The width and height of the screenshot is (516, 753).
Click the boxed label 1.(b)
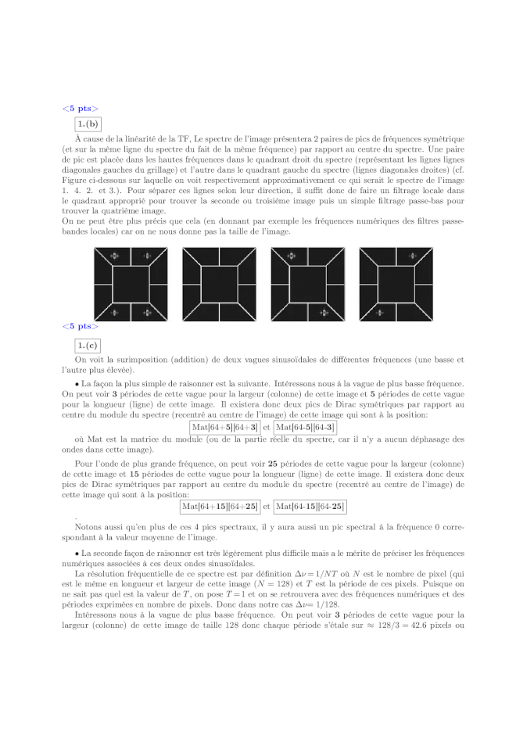[87, 124]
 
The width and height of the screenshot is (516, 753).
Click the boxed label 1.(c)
[87, 345]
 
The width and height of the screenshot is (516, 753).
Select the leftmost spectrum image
[131, 284]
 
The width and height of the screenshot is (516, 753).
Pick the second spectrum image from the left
[219, 284]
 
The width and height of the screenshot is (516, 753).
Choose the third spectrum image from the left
[307, 284]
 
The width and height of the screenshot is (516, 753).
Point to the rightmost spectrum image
[396, 284]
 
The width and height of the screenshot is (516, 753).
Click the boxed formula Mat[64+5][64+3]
[225, 427]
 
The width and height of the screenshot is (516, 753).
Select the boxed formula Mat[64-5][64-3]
[305, 427]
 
